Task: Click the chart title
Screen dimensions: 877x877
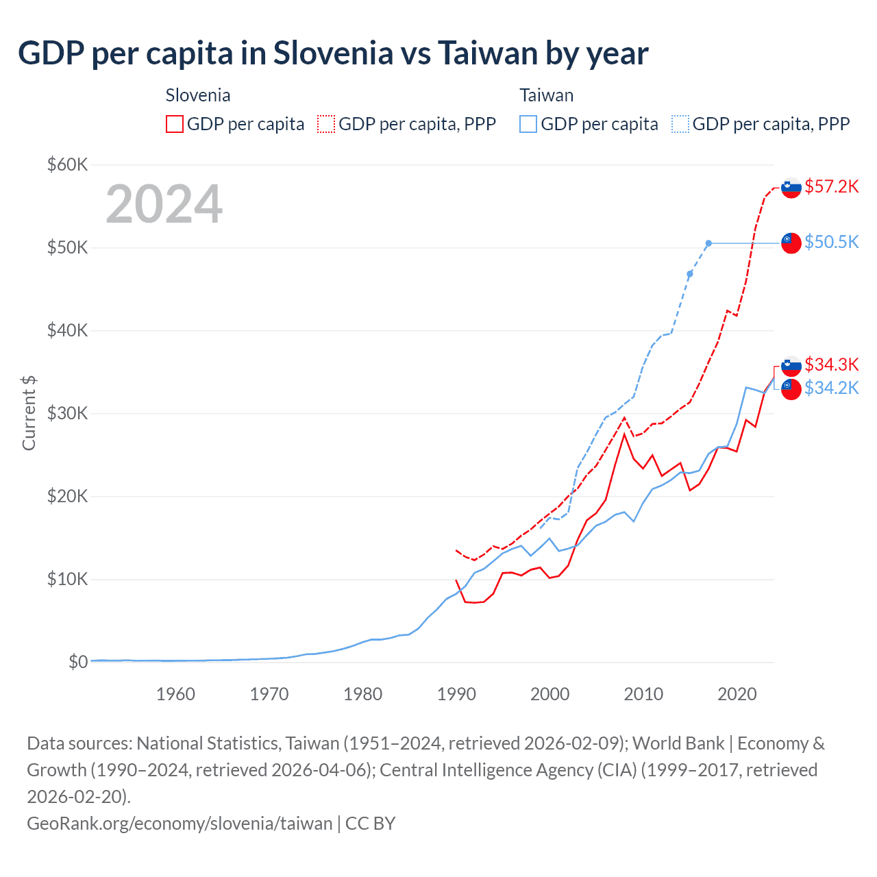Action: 333,53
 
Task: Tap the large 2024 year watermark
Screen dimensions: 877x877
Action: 164,204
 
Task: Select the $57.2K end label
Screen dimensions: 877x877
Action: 831,186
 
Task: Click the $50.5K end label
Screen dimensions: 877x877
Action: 831,242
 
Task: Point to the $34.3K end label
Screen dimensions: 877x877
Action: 831,364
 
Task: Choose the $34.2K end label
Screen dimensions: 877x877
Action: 831,388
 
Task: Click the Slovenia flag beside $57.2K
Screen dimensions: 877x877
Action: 791,187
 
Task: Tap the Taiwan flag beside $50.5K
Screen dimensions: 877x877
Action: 791,243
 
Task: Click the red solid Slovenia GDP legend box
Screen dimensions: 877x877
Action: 175,124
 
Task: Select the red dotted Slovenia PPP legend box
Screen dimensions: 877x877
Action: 326,124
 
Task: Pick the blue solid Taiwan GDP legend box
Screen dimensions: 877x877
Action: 528,124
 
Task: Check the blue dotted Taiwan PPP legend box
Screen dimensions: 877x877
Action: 680,124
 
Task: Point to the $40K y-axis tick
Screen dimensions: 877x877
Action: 67,330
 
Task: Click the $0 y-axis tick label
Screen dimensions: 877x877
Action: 78,662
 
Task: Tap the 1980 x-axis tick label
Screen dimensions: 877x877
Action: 363,694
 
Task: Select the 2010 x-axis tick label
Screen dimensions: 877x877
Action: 643,694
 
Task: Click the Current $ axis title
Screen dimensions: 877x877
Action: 29,413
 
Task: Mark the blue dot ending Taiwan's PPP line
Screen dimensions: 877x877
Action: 708,243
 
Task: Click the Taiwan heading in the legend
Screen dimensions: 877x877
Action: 546,95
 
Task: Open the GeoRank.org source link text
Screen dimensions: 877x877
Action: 180,823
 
